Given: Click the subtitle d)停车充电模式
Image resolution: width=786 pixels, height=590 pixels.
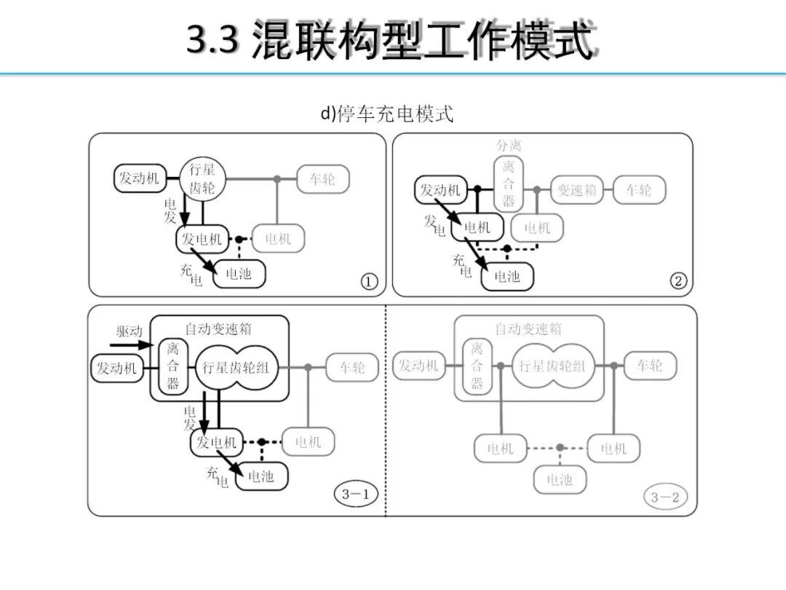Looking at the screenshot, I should (x=387, y=114).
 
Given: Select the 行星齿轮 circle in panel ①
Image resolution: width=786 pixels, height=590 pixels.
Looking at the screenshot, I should (x=202, y=179).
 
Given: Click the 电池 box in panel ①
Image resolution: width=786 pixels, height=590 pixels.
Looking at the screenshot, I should (x=239, y=274).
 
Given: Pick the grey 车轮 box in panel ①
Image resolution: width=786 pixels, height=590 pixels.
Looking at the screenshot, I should (x=322, y=179).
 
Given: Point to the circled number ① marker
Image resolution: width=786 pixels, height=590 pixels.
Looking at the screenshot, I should (x=369, y=281).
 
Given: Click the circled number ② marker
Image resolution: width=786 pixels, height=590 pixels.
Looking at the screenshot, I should (x=678, y=281).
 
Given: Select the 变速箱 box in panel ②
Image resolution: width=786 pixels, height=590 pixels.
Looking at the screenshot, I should (x=577, y=190).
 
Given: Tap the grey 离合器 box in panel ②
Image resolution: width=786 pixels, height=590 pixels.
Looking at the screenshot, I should (x=509, y=184).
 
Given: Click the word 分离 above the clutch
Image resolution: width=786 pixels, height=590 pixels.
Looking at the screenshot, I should (x=509, y=146).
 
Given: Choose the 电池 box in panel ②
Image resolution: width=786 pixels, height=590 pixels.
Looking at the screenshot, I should (x=507, y=277).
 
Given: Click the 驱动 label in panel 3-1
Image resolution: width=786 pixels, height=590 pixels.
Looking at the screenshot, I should (x=130, y=331).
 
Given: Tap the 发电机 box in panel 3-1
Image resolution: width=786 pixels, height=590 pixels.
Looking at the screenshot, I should (x=216, y=442).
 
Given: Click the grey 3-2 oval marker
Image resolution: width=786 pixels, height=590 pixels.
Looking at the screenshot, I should (x=664, y=497).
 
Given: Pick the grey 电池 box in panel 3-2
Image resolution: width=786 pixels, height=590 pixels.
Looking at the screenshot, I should (x=559, y=479).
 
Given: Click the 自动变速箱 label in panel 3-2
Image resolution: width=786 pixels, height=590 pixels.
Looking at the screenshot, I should (x=528, y=329).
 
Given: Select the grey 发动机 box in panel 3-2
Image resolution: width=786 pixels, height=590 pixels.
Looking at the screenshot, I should (x=419, y=366).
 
